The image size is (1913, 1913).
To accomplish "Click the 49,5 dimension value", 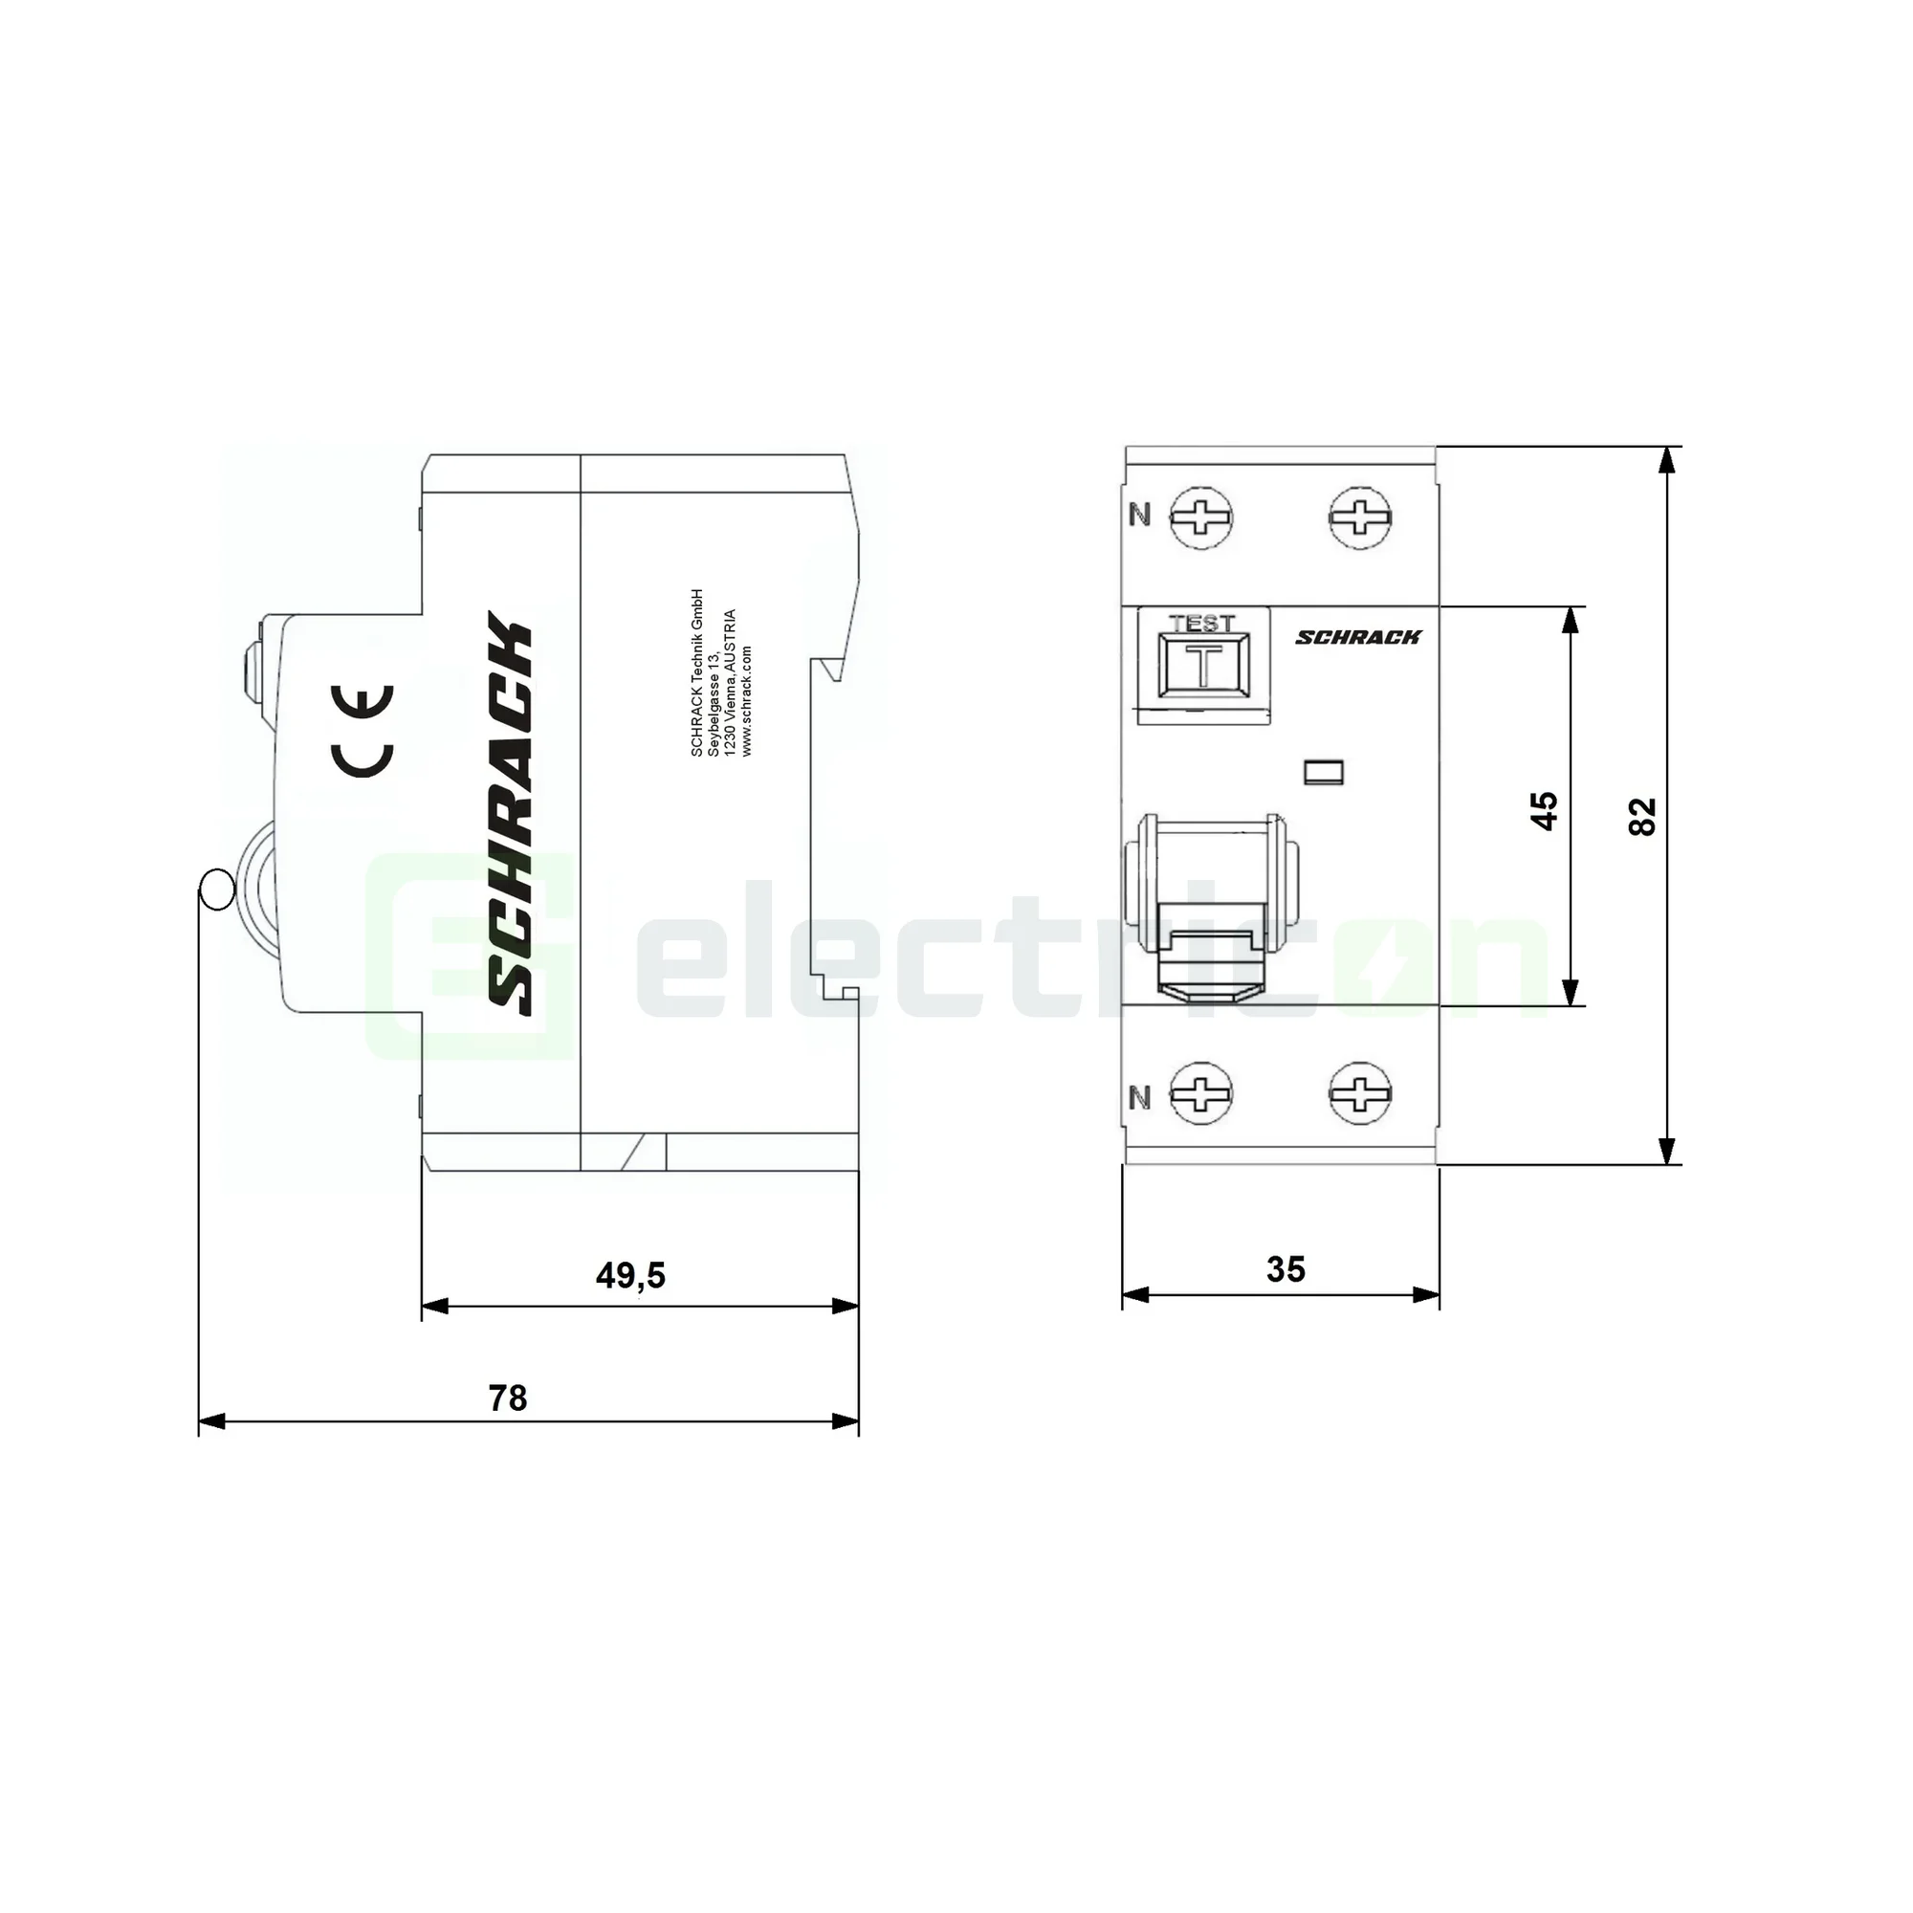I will pos(629,1275).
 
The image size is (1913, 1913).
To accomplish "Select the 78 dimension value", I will pos(507,1398).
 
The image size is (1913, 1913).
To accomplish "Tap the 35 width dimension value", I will pos(1286,1269).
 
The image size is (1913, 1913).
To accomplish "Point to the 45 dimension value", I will pos(1544,810).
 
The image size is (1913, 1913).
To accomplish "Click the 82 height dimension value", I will pos(1641,816).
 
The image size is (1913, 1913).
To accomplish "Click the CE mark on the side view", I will pos(363,731).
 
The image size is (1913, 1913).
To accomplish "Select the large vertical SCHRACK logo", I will pos(511,814).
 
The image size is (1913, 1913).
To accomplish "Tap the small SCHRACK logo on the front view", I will pos(1357,637).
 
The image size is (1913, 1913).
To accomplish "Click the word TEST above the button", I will pos(1202,624).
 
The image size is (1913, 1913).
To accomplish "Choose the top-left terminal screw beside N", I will pos(1201,517).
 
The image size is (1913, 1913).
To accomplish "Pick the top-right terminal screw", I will pos(1359,517).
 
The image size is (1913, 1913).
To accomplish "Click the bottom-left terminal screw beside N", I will pos(1201,1094).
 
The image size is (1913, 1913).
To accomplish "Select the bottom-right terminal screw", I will pos(1359,1094).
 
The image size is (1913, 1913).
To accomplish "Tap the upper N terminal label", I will pos(1140,515).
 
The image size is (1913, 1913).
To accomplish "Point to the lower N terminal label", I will pos(1140,1097).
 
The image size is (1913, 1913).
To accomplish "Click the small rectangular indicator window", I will pos(1324,770).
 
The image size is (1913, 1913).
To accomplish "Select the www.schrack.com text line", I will pos(747,701).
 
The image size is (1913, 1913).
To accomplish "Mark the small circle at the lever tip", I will pos(216,890).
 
